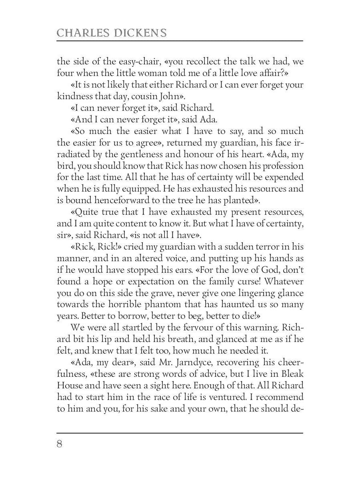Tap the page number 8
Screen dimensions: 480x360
pos(60,444)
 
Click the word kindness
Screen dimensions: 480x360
pos(74,96)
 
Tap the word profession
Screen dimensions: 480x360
pos(282,166)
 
